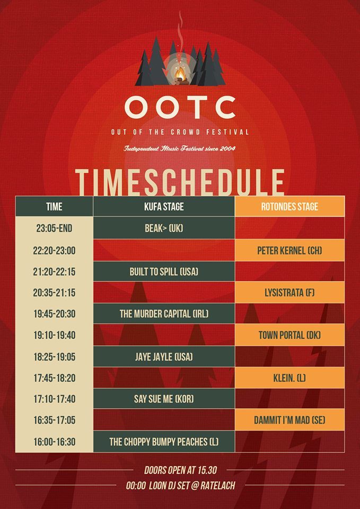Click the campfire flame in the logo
[180, 74]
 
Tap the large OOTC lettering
[180, 108]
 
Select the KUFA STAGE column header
[164, 206]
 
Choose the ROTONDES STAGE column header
[289, 206]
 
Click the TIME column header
[54, 206]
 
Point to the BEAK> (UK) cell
[164, 228]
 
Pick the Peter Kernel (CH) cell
[289, 251]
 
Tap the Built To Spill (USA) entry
[164, 271]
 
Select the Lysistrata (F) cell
[289, 293]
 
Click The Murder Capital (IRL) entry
[164, 313]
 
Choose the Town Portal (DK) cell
[289, 335]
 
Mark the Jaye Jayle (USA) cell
[164, 357]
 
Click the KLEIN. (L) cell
[289, 378]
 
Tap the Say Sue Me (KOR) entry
[164, 399]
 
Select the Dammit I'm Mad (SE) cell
[289, 420]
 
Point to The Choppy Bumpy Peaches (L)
[164, 442]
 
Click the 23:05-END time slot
[54, 228]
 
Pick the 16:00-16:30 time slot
[54, 442]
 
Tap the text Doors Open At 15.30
[180, 470]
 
